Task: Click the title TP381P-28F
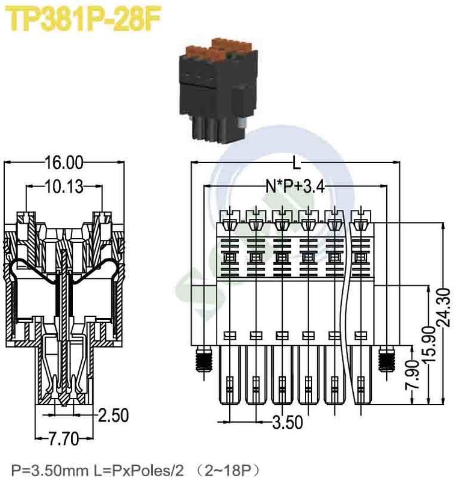[84, 20]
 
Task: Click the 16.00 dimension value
[64, 163]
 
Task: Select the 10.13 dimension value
[63, 187]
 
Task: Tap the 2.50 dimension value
[114, 415]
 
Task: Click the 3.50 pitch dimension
[287, 423]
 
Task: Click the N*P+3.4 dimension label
[295, 187]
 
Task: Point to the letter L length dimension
[295, 163]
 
